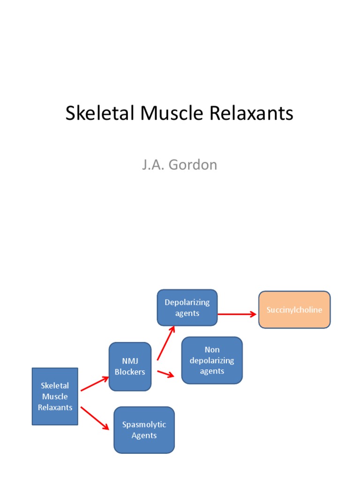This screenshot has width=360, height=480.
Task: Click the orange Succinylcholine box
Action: point(294,310)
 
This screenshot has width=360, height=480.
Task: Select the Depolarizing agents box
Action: point(187,307)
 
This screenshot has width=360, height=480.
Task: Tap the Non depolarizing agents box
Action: point(212,360)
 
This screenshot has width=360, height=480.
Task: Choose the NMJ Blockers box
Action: point(130,367)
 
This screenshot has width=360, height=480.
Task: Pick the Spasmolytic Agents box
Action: point(144,430)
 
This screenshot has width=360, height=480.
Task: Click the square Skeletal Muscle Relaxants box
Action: point(55,397)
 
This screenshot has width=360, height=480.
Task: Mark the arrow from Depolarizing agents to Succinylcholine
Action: point(237,315)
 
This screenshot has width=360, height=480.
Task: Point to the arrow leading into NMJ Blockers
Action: point(95,383)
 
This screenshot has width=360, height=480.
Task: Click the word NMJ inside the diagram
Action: point(130,361)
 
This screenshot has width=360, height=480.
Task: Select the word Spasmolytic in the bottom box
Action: point(144,425)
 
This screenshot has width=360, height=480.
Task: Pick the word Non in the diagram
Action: point(212,350)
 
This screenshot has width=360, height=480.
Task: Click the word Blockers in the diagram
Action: point(130,372)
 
